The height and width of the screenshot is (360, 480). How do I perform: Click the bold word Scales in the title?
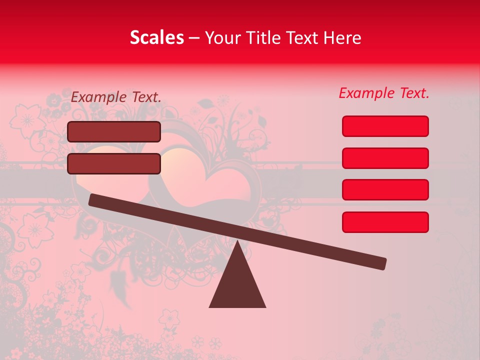pyautogui.click(x=156, y=38)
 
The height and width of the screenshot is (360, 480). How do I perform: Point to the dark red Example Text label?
pyautogui.click(x=116, y=97)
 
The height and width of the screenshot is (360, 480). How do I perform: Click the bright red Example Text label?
pyautogui.click(x=384, y=93)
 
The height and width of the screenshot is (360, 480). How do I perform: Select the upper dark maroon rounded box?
pyautogui.click(x=114, y=131)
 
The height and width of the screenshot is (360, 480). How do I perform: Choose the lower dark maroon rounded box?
pyautogui.click(x=114, y=163)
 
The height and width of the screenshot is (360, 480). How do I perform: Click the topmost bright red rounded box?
pyautogui.click(x=385, y=126)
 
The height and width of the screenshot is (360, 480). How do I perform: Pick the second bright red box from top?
pyautogui.click(x=385, y=158)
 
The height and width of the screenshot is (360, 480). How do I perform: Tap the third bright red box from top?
pyautogui.click(x=385, y=190)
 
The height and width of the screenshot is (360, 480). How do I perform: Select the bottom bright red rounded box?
pyautogui.click(x=385, y=222)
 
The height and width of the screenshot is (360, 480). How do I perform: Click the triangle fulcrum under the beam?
pyautogui.click(x=237, y=285)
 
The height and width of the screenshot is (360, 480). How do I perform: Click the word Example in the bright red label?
pyautogui.click(x=366, y=93)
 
